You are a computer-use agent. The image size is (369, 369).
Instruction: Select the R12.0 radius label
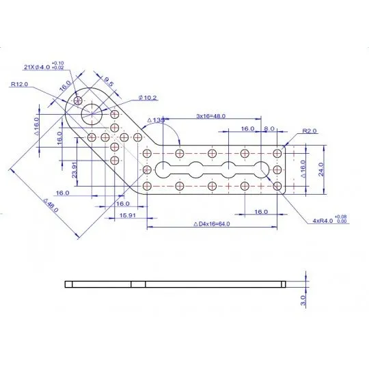(19, 85)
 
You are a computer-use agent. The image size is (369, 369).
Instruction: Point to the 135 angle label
(158, 120)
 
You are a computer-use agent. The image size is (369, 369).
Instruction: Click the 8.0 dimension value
(269, 128)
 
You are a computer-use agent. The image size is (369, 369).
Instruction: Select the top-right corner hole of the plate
(277, 153)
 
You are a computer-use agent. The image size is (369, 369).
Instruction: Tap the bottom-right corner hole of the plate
(277, 185)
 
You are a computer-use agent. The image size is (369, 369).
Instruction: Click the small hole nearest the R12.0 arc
(79, 100)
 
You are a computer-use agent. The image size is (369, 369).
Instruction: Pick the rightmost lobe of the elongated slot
(260, 169)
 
